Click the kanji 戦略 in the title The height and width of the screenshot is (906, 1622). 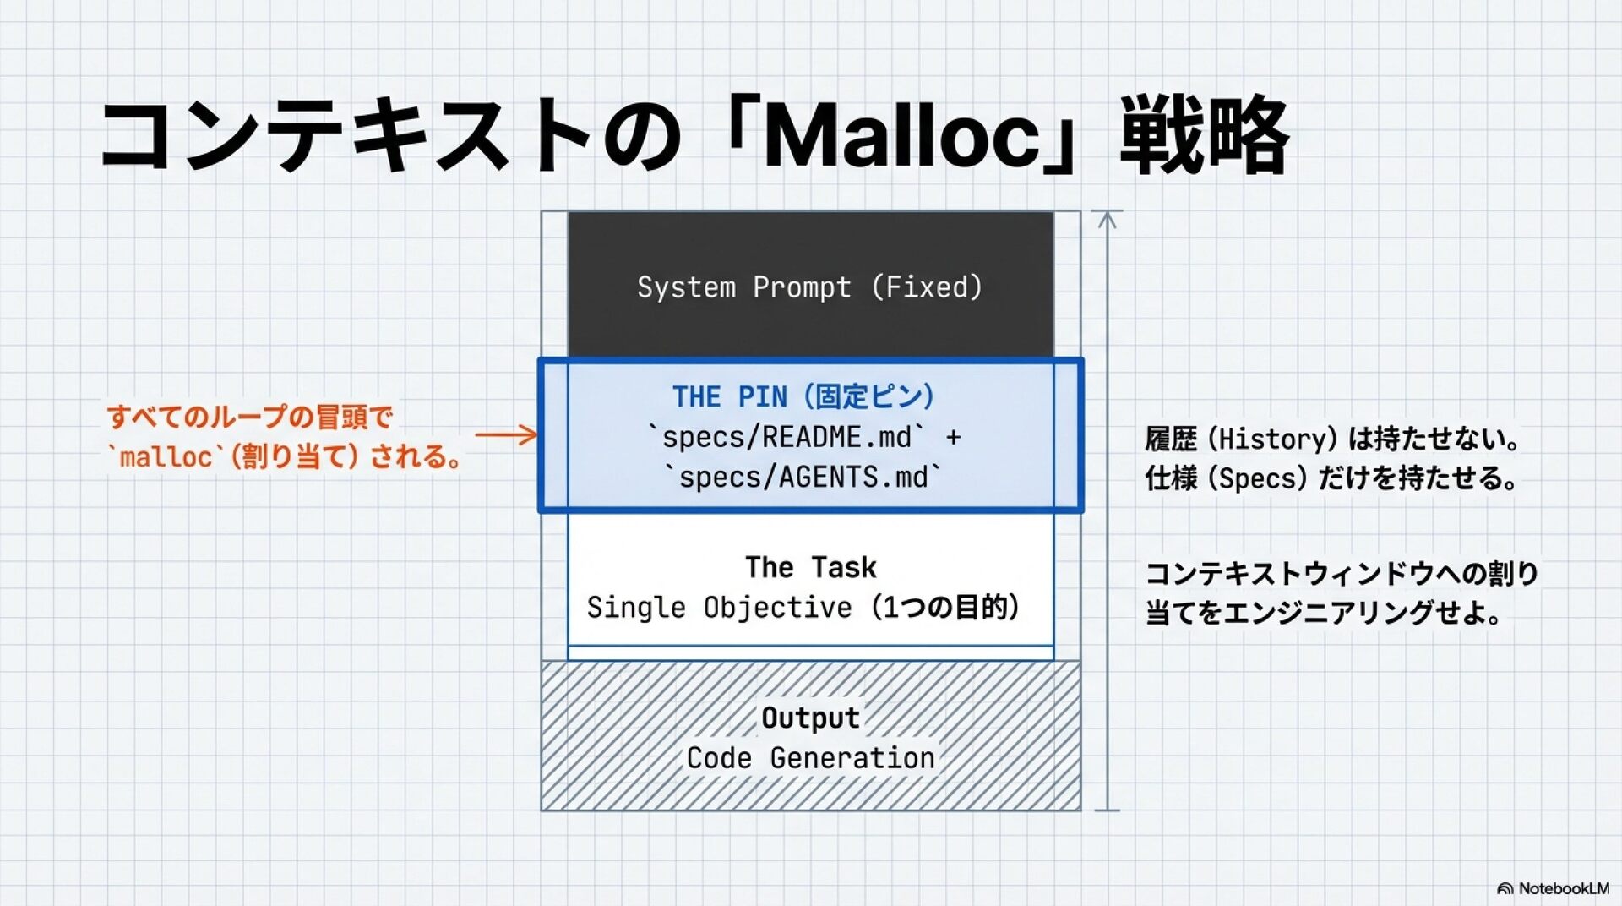click(x=1203, y=135)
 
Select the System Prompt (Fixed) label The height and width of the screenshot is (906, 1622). click(x=810, y=287)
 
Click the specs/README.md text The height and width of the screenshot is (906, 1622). click(x=787, y=437)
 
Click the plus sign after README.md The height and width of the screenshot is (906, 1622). click(x=953, y=438)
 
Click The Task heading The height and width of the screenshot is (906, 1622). click(x=810, y=567)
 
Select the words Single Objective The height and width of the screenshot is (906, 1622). click(x=719, y=607)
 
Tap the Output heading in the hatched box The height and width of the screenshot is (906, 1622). click(x=810, y=718)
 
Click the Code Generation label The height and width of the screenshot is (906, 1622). click(x=810, y=758)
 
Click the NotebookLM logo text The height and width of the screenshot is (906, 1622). click(x=1563, y=888)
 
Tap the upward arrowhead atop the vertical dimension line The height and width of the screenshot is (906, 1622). click(x=1108, y=219)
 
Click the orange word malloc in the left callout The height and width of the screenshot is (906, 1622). click(x=166, y=457)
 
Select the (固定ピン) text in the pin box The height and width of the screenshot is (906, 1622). click(x=868, y=396)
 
